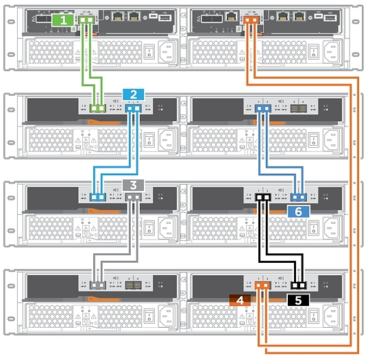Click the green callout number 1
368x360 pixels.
click(x=64, y=21)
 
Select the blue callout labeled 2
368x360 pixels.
click(x=132, y=94)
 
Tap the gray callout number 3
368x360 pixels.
click(x=133, y=185)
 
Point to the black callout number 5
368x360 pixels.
click(x=298, y=300)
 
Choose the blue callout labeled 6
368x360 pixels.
click(x=298, y=211)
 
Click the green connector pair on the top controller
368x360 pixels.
click(x=86, y=21)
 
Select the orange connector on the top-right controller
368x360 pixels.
click(x=251, y=21)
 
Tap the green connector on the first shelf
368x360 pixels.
click(x=99, y=108)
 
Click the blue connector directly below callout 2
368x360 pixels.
click(x=133, y=107)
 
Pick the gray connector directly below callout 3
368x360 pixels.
click(x=133, y=197)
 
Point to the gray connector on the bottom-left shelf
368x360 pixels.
click(x=99, y=284)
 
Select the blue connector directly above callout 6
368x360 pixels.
click(x=298, y=198)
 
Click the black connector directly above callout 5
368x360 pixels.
click(x=298, y=285)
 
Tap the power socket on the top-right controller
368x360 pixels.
click(x=334, y=51)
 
